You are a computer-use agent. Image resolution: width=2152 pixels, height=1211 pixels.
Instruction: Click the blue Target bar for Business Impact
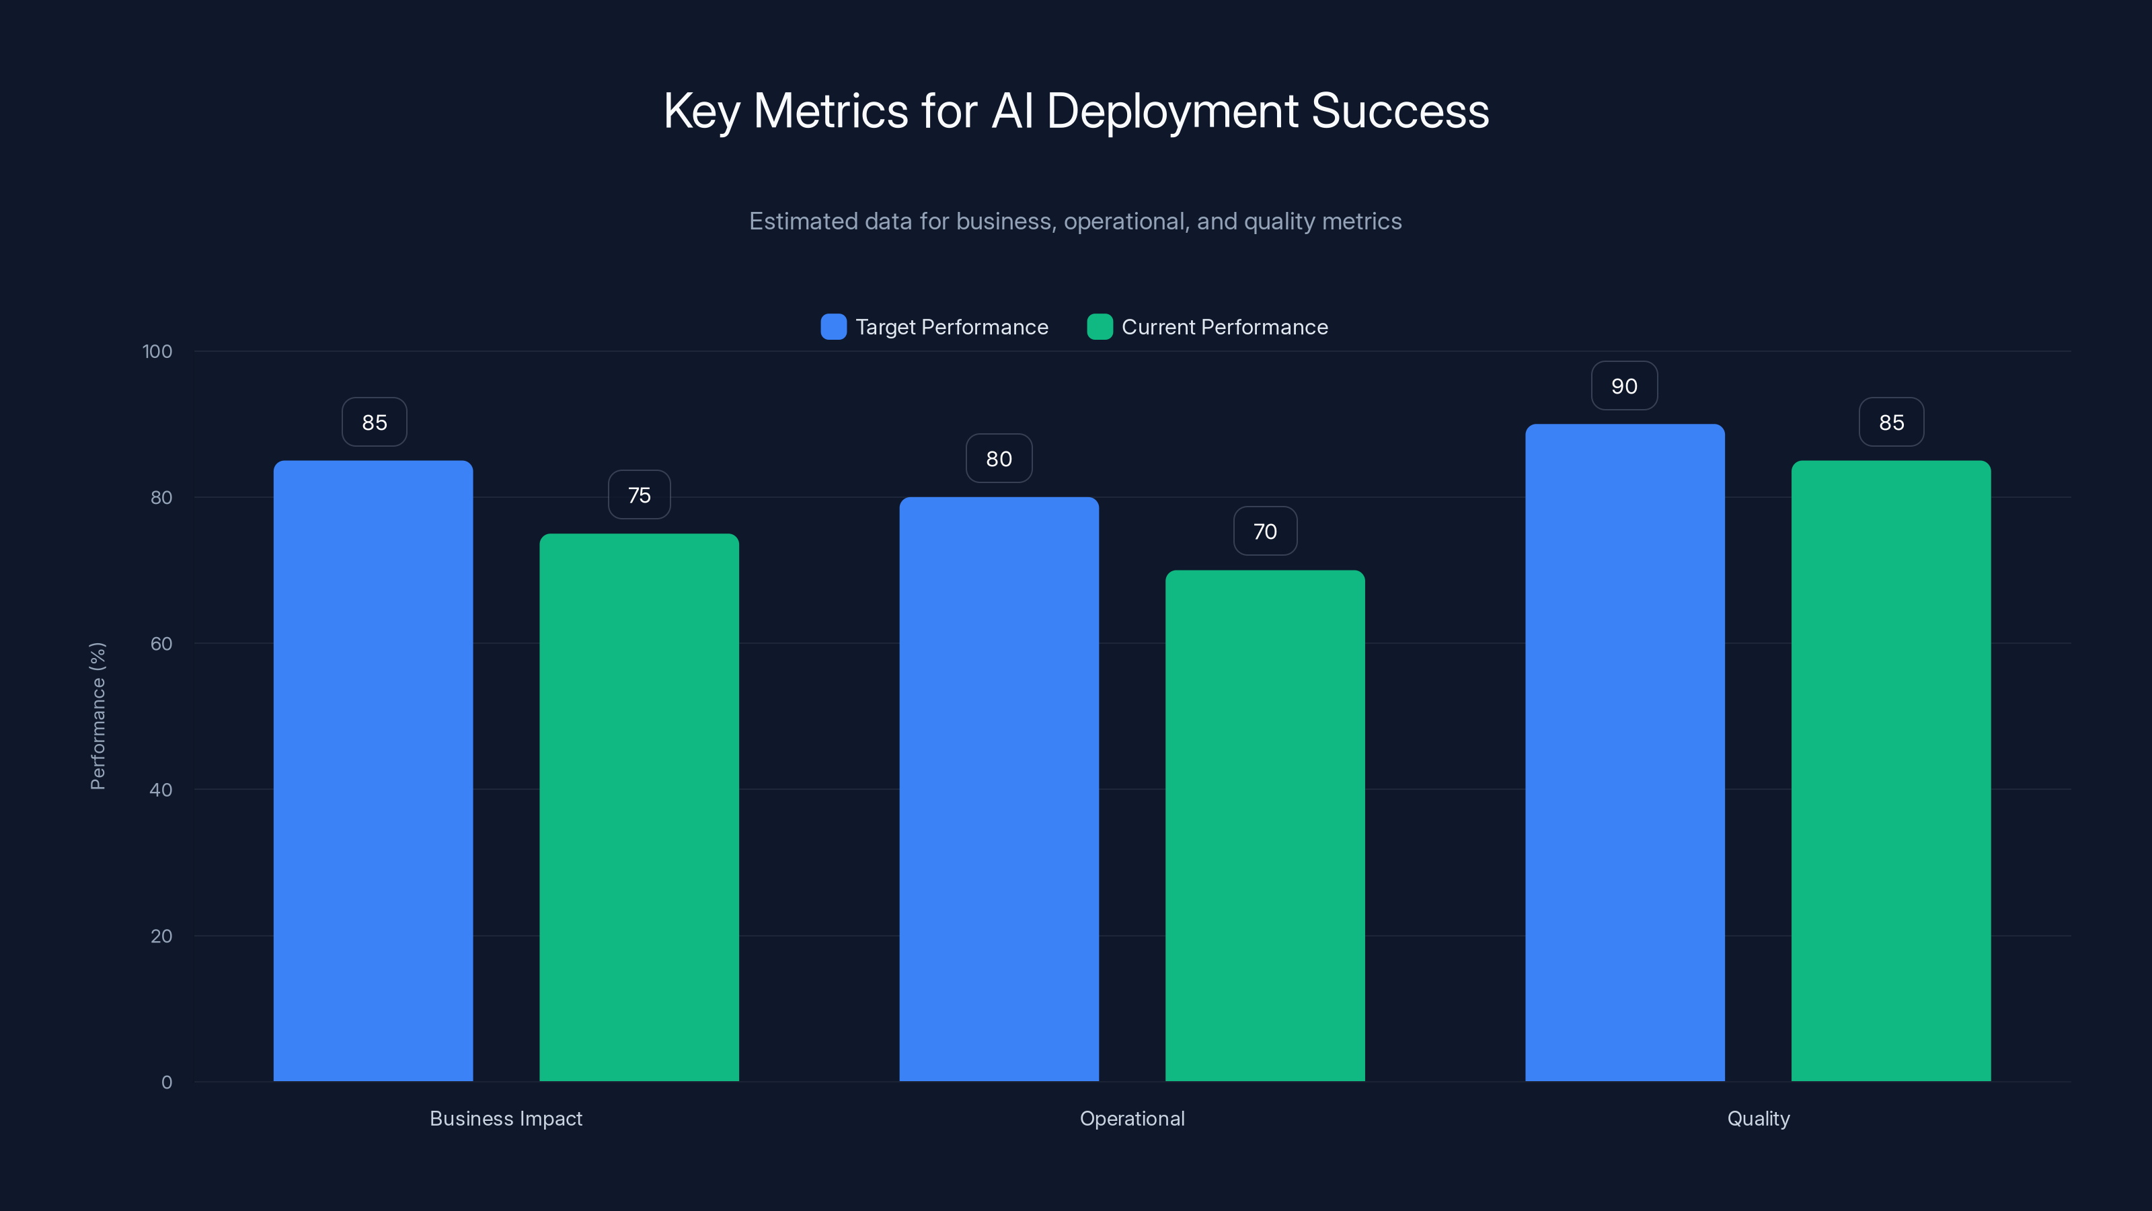[373, 770]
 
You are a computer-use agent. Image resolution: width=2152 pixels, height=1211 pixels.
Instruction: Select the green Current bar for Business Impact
[639, 807]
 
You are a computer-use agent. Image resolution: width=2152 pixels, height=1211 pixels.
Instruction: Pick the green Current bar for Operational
[1265, 825]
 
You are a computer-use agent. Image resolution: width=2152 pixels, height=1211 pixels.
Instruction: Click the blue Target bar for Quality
[1625, 752]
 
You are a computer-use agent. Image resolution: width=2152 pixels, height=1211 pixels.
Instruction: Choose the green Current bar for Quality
[1890, 770]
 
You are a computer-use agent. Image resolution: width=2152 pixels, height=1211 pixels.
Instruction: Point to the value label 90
[1624, 386]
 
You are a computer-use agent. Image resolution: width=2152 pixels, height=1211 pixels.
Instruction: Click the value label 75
[639, 494]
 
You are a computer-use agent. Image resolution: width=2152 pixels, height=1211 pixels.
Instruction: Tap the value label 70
[1265, 531]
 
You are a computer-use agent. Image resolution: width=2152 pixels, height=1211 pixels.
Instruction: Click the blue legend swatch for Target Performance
[833, 327]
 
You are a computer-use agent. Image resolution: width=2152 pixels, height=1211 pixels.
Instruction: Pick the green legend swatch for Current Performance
[1100, 327]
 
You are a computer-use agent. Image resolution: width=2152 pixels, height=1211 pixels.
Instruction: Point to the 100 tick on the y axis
[157, 351]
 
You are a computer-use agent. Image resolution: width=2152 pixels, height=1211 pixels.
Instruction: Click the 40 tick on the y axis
[161, 790]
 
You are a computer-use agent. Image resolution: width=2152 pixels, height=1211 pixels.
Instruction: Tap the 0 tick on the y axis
[166, 1082]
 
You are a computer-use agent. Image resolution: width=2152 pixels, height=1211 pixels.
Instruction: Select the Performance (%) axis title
[98, 715]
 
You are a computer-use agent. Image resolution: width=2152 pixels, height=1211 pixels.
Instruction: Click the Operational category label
[1132, 1118]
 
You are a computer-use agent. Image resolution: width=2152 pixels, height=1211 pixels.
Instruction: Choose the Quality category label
[1758, 1118]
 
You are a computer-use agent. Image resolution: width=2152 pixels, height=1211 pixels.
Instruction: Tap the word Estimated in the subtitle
[802, 221]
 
